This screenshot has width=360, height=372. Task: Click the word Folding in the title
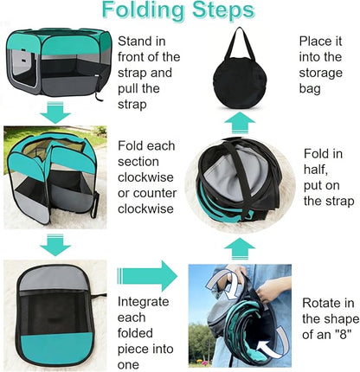143,11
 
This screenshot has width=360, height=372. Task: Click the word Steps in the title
223,10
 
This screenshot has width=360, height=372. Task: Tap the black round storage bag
237,83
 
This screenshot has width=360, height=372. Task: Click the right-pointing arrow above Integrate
147,276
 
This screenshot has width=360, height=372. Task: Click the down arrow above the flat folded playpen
55,245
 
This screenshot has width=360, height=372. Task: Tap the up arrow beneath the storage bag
240,123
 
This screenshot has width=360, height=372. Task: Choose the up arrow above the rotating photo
240,248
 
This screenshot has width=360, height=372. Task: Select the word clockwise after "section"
145,177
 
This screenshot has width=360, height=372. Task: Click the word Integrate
144,302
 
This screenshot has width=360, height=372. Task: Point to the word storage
321,74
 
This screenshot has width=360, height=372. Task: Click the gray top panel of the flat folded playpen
53,279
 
